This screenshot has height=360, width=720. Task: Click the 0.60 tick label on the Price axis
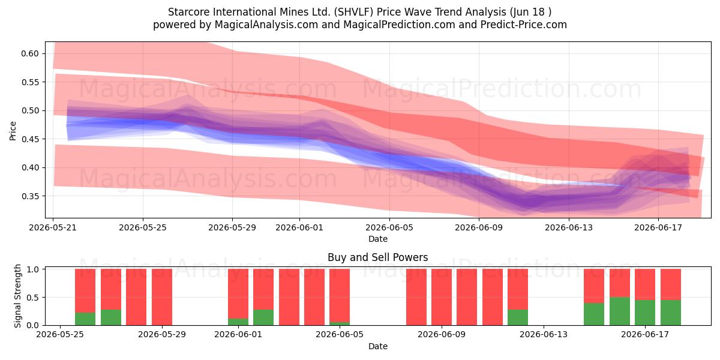(x=30, y=53)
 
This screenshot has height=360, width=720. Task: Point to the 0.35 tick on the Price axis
(x=30, y=196)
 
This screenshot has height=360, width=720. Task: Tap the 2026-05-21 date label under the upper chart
(x=53, y=227)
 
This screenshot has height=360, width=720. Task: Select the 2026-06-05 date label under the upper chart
(x=389, y=227)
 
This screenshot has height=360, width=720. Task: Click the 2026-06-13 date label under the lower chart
(x=544, y=334)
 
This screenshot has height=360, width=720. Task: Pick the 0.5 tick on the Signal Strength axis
(x=33, y=298)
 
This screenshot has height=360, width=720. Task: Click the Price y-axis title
(x=13, y=131)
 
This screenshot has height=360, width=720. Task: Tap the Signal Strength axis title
(x=17, y=296)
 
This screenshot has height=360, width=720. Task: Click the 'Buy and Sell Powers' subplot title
(x=377, y=257)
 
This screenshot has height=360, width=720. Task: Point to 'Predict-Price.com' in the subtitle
(x=524, y=25)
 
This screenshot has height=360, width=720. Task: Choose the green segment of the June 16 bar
(x=619, y=311)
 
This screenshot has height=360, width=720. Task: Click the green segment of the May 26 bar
(x=85, y=319)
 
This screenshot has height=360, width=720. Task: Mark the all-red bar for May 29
(x=161, y=297)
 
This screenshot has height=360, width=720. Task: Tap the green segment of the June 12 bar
(x=518, y=317)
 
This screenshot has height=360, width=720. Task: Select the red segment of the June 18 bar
(x=671, y=284)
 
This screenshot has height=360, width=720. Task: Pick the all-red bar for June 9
(x=442, y=297)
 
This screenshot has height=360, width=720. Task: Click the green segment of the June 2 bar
(x=263, y=317)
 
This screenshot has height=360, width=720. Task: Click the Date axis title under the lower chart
(x=377, y=346)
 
